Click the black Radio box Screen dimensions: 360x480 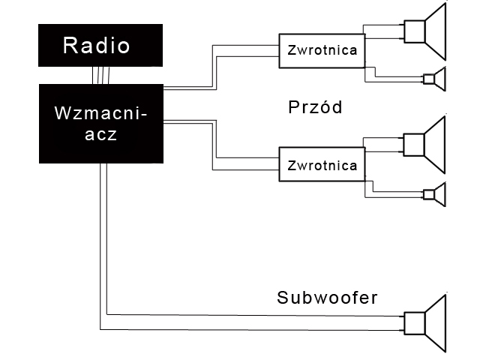pos(100,45)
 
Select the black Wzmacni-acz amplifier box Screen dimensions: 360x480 pos(100,124)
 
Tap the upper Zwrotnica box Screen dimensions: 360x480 pos(323,51)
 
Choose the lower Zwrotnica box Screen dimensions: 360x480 pos(323,165)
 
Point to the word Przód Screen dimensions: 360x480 pos(315,107)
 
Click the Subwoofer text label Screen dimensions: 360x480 pos(327,298)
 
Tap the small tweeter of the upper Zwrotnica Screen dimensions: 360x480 pos(434,78)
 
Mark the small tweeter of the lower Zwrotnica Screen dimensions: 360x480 pos(434,194)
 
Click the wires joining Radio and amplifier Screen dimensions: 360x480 pos(101,75)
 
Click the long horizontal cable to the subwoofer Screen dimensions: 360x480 pos(255,321)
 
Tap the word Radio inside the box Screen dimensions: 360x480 pos(97,45)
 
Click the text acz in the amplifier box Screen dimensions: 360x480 pos(100,137)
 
